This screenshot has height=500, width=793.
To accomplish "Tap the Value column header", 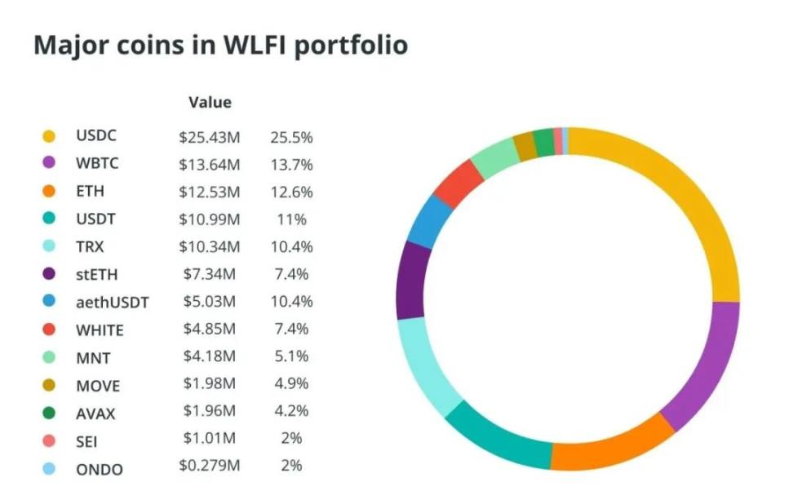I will [x=210, y=103].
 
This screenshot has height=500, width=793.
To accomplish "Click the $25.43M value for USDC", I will [x=210, y=136].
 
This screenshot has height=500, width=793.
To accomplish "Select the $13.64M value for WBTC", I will [x=210, y=164].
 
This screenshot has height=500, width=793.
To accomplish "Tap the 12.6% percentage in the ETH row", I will [x=291, y=192].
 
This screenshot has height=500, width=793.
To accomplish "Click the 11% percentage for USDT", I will [x=291, y=219].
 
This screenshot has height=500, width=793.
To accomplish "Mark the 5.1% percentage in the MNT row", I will [x=291, y=356].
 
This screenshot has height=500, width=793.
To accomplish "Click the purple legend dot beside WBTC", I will [x=49, y=164].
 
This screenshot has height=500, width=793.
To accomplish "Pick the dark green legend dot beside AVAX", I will [x=49, y=413].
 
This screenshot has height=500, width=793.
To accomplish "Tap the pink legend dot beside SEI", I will [x=49, y=440].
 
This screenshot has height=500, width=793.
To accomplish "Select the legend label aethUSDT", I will [x=112, y=303].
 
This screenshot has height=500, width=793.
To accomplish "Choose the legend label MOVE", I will [x=97, y=385].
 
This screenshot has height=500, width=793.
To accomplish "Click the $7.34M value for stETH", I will [x=207, y=274].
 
